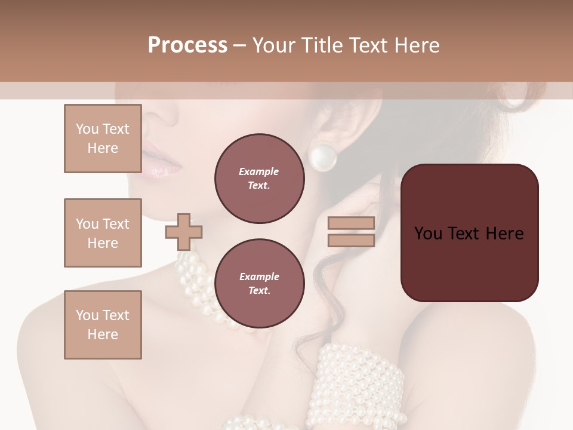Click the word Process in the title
187,45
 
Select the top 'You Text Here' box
103,139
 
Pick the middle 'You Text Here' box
103,233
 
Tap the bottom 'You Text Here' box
103,324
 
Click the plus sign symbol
184,232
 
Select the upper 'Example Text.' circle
259,179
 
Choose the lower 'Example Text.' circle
259,283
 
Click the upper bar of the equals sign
351,223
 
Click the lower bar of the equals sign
351,241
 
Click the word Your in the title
273,45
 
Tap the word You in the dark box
427,234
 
